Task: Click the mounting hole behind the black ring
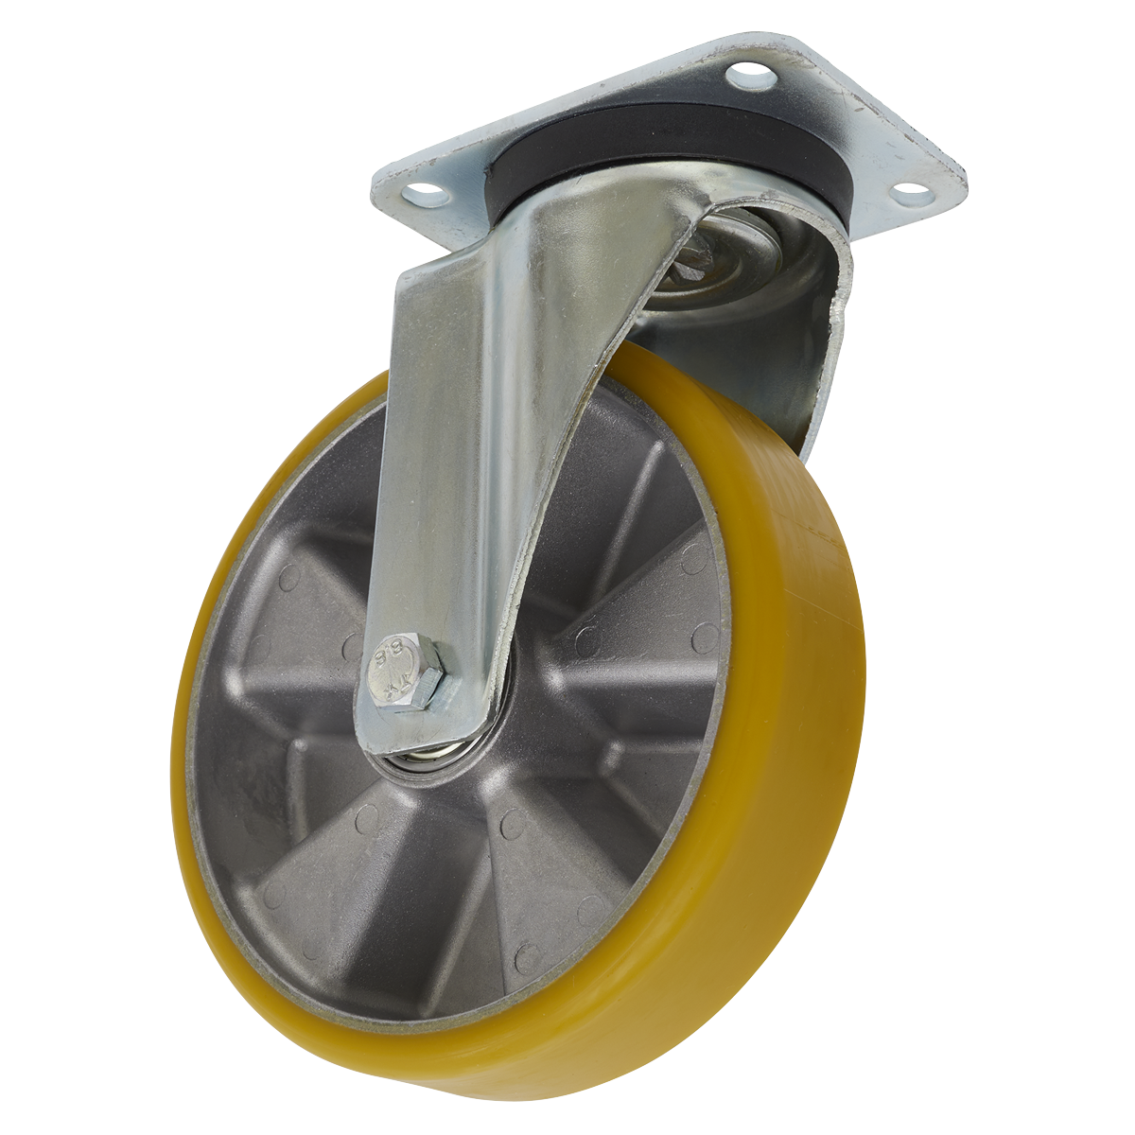pos(749,73)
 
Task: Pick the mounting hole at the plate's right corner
pos(910,191)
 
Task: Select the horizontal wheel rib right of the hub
pos(624,672)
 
